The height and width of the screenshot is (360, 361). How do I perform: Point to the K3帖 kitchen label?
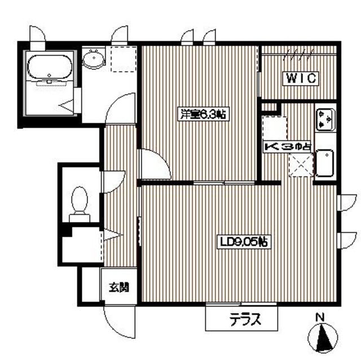coord(287,146)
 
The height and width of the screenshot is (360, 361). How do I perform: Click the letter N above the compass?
coord(319,317)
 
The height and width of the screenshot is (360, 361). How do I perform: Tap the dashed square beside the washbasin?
coord(120,59)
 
